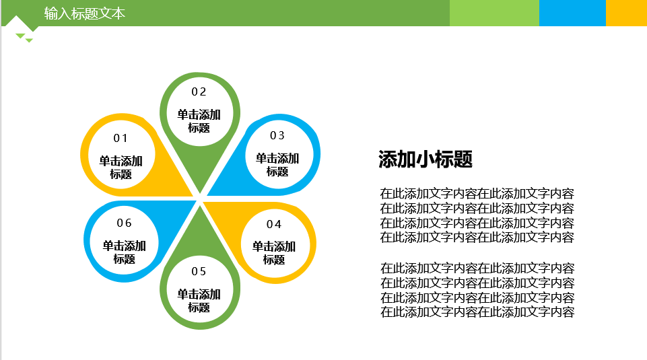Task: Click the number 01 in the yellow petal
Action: click(121, 138)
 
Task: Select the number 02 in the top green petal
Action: click(199, 92)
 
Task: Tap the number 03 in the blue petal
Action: click(277, 135)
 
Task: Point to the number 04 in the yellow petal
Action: click(274, 224)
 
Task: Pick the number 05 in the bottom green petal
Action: click(199, 271)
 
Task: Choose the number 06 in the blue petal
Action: click(124, 223)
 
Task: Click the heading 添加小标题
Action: click(425, 159)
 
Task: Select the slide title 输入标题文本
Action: click(85, 13)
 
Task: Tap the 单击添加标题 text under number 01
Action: click(121, 168)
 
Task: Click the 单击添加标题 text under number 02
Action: click(199, 121)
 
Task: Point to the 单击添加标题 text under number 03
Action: click(277, 165)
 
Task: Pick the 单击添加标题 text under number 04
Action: click(274, 253)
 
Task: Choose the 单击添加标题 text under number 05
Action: click(199, 301)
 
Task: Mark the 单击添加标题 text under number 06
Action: click(124, 252)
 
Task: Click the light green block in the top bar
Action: click(494, 13)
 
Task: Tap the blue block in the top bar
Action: click(572, 13)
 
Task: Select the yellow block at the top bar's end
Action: click(626, 13)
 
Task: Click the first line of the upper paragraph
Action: click(477, 193)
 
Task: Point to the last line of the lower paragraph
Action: click(477, 312)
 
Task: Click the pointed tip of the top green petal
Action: click(200, 193)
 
